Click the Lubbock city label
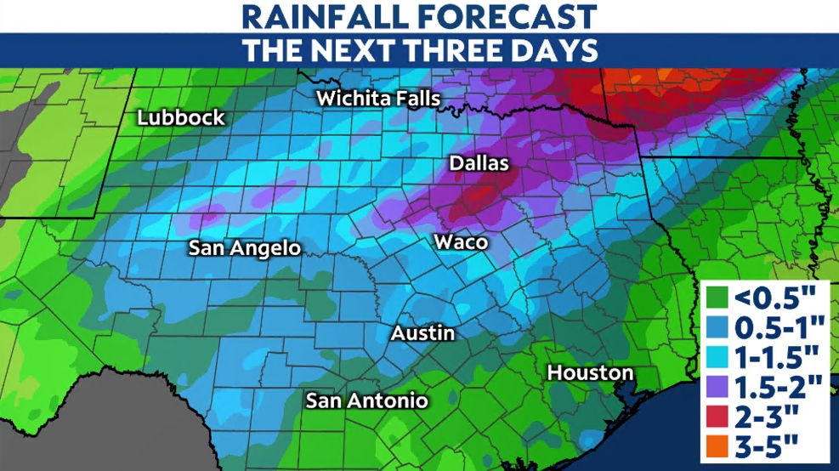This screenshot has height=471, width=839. click(182, 118)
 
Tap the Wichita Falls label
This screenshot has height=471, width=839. click(377, 99)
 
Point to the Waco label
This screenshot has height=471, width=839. click(461, 242)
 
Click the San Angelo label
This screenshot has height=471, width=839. click(244, 248)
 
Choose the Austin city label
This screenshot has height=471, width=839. click(422, 334)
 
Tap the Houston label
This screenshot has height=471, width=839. click(590, 372)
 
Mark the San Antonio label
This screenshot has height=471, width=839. click(366, 400)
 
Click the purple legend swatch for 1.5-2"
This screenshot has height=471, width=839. click(716, 387)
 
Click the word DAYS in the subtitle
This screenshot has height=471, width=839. click(555, 50)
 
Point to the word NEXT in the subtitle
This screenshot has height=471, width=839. click(353, 50)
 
